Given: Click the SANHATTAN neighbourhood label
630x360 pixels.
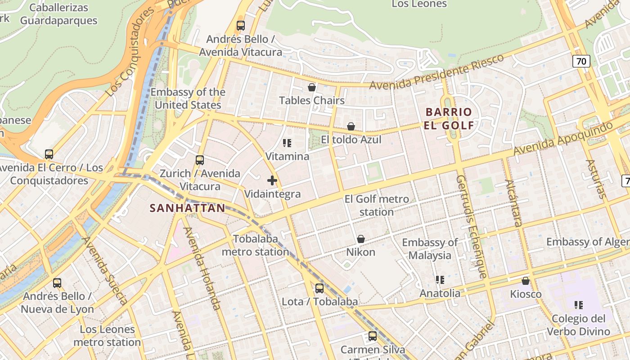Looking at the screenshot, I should (x=187, y=208).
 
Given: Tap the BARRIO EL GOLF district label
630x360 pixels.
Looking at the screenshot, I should (x=449, y=118).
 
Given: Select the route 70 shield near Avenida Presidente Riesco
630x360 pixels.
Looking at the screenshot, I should (x=581, y=61).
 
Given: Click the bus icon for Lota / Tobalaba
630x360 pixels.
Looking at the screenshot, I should (x=319, y=288).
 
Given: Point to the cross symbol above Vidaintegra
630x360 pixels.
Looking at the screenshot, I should (x=272, y=181).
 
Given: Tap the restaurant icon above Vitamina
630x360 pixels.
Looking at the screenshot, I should (x=287, y=143).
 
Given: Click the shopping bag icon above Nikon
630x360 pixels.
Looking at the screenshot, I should (x=361, y=239).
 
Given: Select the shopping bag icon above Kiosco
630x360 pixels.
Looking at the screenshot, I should (x=526, y=281).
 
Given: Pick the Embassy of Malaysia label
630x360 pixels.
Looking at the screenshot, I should (x=430, y=249).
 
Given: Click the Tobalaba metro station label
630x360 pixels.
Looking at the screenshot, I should (x=255, y=245).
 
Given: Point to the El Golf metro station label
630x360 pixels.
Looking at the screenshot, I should (x=377, y=205).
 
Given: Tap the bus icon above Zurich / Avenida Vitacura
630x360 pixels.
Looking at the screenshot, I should (x=200, y=160).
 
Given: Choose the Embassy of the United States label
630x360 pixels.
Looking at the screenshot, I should (x=188, y=99).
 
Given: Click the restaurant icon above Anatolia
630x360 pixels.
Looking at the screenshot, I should (x=440, y=280).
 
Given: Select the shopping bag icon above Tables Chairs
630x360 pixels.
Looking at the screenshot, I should (x=311, y=87).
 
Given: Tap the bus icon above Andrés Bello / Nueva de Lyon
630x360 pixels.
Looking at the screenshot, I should (x=57, y=283).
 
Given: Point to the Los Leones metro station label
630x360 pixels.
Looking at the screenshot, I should (x=107, y=336).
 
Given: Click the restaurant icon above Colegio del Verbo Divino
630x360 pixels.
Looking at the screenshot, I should (x=579, y=305).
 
